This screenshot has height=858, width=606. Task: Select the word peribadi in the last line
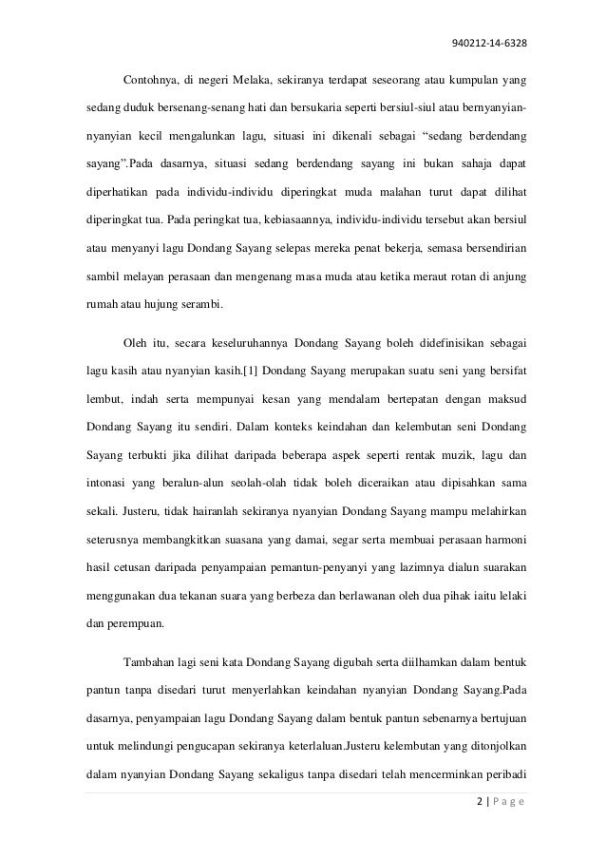coord(503,763)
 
